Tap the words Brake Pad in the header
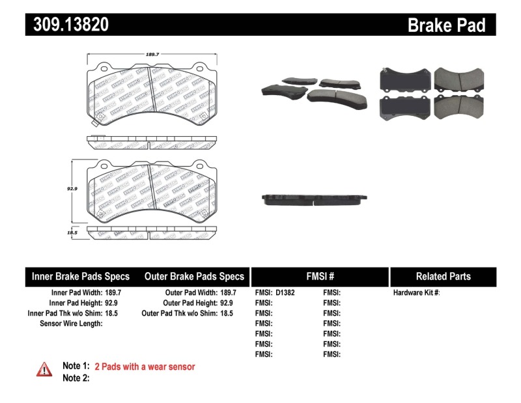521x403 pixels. [446, 25]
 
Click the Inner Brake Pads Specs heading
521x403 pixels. [81, 276]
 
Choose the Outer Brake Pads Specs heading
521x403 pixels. [194, 276]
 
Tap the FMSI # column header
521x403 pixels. [319, 276]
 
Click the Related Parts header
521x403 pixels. [443, 276]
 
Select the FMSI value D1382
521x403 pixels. [285, 293]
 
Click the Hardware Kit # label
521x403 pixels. [416, 293]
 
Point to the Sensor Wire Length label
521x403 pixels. [71, 324]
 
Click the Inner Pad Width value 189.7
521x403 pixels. [115, 293]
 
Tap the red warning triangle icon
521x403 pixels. [44, 369]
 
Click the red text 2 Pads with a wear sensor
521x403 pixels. [145, 367]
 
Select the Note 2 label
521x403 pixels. [76, 378]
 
